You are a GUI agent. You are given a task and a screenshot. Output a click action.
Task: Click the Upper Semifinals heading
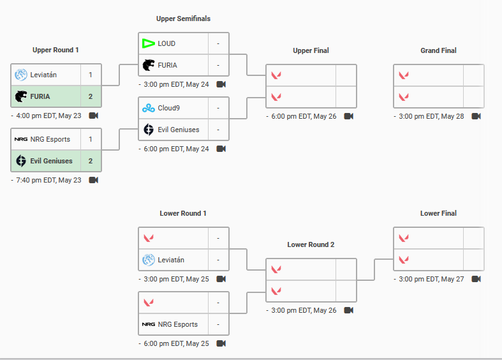183,19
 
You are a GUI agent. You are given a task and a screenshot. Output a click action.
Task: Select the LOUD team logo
149,43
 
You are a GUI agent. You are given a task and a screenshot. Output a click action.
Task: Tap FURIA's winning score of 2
91,96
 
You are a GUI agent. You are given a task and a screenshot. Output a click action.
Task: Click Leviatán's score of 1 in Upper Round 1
91,75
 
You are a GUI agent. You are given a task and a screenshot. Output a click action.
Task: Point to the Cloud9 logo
149,109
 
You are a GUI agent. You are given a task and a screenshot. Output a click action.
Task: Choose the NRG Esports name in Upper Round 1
50,139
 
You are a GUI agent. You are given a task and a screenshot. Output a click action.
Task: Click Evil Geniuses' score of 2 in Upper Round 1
91,161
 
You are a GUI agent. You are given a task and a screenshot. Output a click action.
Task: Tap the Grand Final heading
438,50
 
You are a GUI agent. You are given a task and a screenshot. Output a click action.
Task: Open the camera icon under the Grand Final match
476,116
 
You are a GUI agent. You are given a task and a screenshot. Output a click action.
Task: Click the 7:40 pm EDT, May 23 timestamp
48,181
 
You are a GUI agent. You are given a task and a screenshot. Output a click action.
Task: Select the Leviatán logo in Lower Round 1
149,260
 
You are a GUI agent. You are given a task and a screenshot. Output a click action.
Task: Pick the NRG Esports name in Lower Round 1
178,324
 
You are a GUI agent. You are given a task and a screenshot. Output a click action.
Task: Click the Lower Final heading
438,213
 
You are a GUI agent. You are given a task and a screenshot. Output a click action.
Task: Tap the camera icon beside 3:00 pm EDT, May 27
476,279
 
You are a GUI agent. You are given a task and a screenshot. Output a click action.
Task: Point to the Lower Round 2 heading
311,244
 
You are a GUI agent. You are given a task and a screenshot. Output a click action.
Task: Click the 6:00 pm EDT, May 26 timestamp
304,116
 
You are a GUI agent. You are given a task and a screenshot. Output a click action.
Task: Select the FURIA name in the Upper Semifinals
168,65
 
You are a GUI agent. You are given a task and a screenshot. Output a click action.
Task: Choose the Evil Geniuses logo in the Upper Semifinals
149,130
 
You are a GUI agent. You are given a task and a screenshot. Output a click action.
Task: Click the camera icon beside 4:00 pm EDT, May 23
94,116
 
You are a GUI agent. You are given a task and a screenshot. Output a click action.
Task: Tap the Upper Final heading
311,50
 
